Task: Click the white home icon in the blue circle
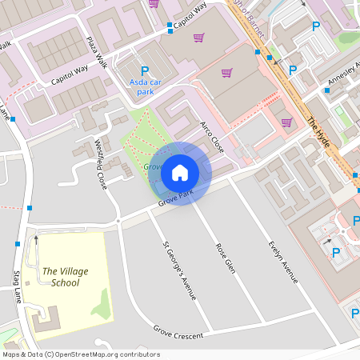click(x=180, y=173)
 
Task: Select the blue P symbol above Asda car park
click(x=145, y=71)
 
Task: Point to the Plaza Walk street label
click(x=97, y=51)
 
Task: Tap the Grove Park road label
click(x=175, y=197)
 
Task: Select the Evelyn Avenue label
click(x=283, y=261)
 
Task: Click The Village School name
click(x=66, y=277)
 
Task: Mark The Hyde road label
click(x=318, y=129)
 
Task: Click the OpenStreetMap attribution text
click(x=81, y=354)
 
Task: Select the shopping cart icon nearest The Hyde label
click(x=286, y=122)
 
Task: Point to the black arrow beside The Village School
click(x=35, y=238)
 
